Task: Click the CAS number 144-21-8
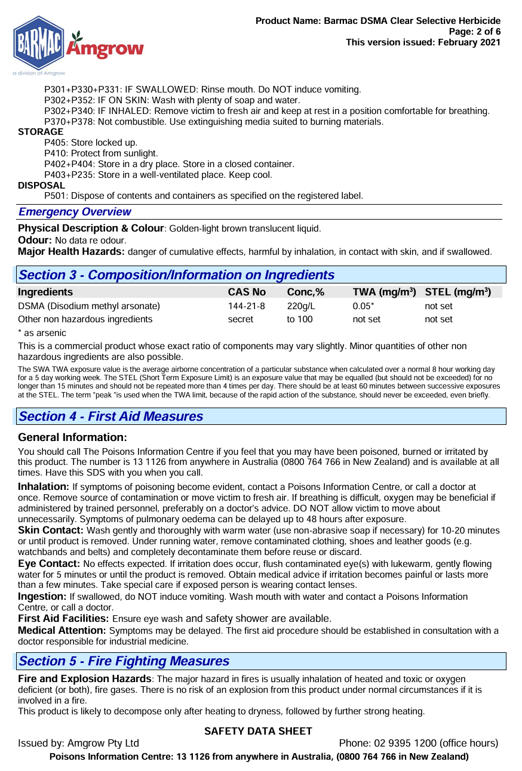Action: tap(246, 306)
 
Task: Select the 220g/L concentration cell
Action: tap(300, 306)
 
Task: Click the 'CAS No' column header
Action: tap(247, 292)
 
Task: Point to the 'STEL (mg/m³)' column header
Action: tap(457, 292)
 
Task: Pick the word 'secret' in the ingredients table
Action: tap(240, 319)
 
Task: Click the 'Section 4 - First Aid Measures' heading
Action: tap(111, 417)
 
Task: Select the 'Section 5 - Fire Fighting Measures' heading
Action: tap(124, 661)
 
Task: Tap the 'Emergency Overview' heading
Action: tap(75, 212)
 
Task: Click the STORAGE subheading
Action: tap(41, 132)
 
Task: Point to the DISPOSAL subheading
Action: tap(41, 186)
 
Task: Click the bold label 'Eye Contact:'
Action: tap(49, 564)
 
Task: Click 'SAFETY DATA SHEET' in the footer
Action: tap(258, 732)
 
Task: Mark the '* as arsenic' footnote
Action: tap(42, 333)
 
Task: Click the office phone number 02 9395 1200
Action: tap(406, 744)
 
